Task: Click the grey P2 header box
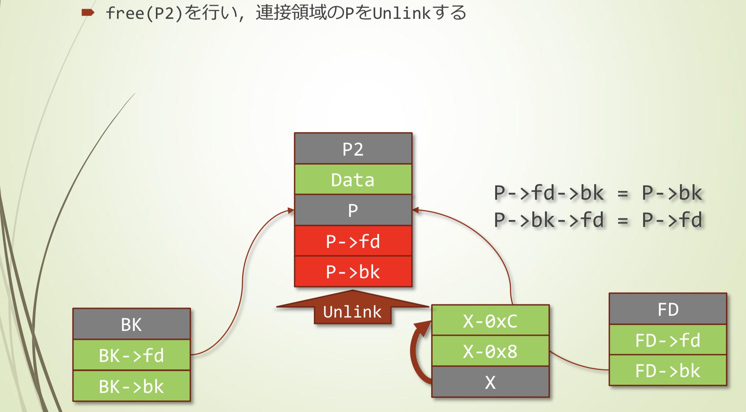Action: coord(353,149)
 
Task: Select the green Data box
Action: coord(353,179)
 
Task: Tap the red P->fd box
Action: coord(353,241)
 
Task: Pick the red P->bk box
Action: coord(353,271)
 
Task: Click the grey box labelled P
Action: coord(353,210)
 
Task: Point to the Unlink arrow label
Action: coord(352,312)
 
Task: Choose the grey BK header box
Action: coord(131,324)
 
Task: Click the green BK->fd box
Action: coord(131,355)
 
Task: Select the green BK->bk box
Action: coord(131,386)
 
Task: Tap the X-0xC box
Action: coord(490,321)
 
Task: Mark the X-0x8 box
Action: coord(490,351)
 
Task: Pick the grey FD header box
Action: coord(668,309)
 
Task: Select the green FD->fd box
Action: coord(668,340)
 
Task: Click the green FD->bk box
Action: coord(668,370)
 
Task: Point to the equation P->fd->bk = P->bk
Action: coord(598,193)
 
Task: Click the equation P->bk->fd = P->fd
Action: coord(598,220)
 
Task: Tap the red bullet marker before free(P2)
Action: coord(88,13)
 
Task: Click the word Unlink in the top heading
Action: coord(402,13)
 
